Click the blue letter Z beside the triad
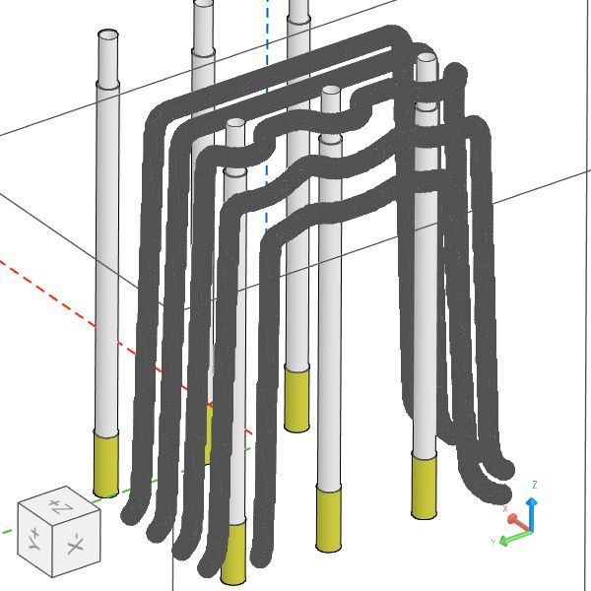point(534,485)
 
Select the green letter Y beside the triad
point(492,542)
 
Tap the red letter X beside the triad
point(505,509)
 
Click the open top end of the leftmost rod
point(108,35)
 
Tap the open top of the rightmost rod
point(426,59)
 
